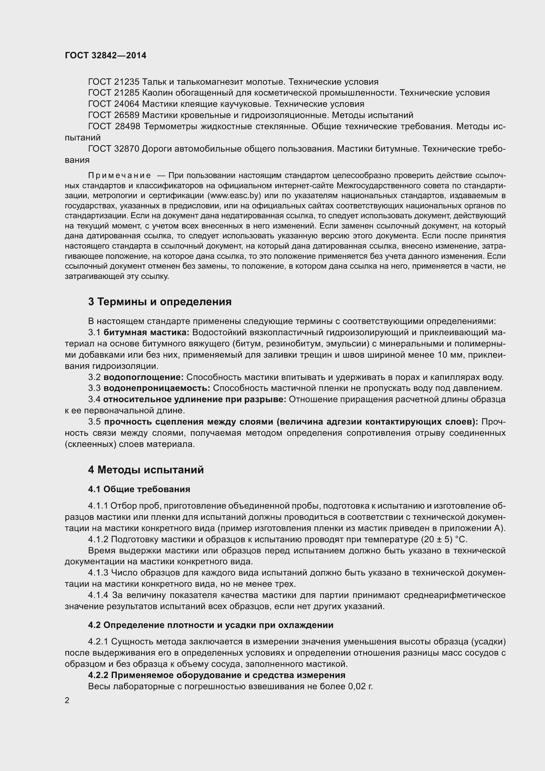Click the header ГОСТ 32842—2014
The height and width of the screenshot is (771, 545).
point(105,55)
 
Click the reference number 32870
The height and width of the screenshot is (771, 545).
point(127,149)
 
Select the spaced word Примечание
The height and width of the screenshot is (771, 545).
point(120,176)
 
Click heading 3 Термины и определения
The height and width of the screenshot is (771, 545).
point(160,302)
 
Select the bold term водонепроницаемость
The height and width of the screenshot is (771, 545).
point(157,388)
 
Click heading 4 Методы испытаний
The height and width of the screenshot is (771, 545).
point(146,469)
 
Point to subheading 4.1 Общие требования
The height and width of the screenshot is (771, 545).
point(139,489)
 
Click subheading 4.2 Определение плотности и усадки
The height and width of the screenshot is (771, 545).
point(211,625)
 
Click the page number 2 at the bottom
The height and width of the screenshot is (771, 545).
point(67,700)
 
